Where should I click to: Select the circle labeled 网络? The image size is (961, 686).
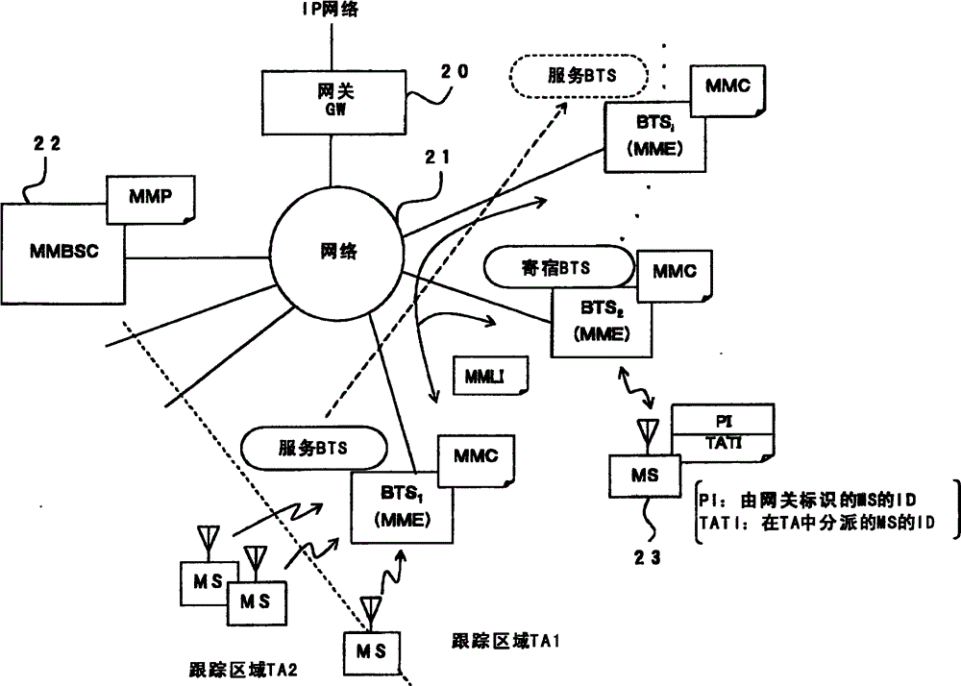pos(336,252)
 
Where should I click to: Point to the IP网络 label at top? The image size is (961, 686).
pos(332,11)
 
